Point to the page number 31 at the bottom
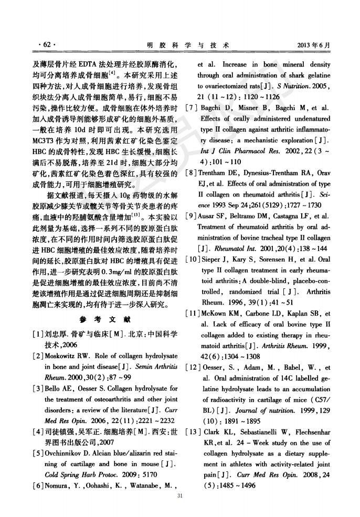180,496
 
